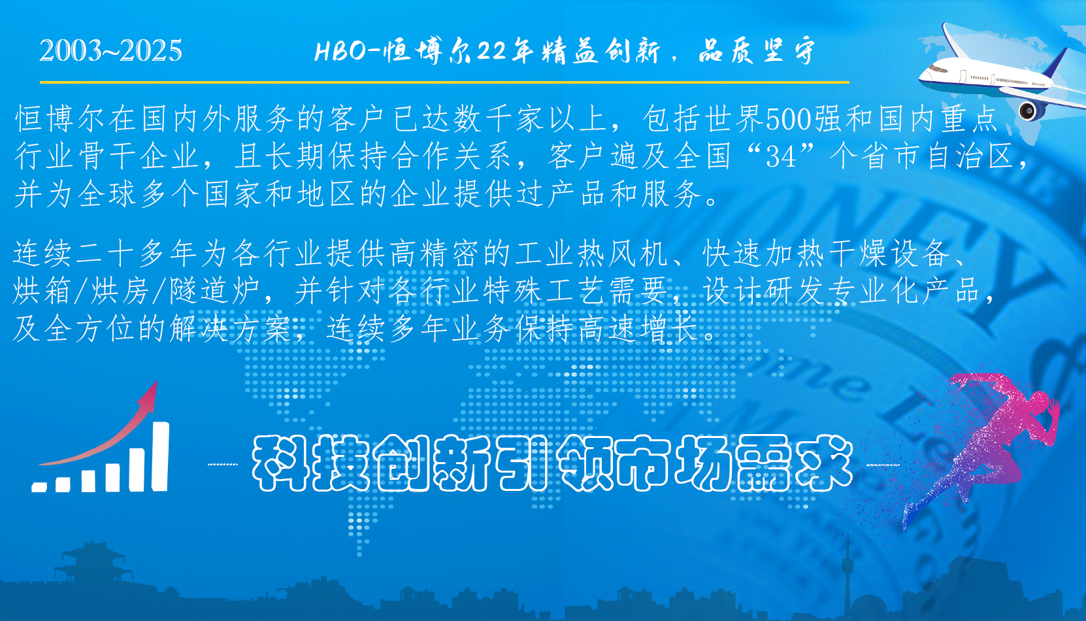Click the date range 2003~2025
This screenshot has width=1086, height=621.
[110, 51]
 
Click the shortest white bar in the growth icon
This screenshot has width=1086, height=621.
[39, 487]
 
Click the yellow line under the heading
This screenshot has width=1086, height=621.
[444, 82]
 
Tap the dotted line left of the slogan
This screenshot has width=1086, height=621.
[223, 465]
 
